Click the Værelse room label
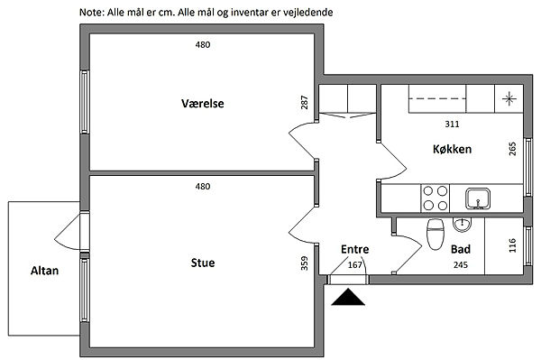(203, 103)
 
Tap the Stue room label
(203, 263)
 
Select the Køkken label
(452, 149)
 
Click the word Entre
(354, 249)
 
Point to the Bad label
(461, 249)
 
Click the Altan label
(44, 271)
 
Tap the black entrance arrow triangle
(348, 297)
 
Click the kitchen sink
(478, 198)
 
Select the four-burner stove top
(436, 198)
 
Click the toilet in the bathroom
(436, 234)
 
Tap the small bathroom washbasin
(462, 225)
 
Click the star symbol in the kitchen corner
(509, 99)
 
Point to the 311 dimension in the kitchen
(452, 124)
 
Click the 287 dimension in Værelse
(305, 103)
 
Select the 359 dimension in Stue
(304, 263)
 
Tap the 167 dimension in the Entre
(354, 264)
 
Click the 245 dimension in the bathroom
(461, 264)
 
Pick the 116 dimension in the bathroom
(512, 245)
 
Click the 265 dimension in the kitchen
(512, 149)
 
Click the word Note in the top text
(91, 13)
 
